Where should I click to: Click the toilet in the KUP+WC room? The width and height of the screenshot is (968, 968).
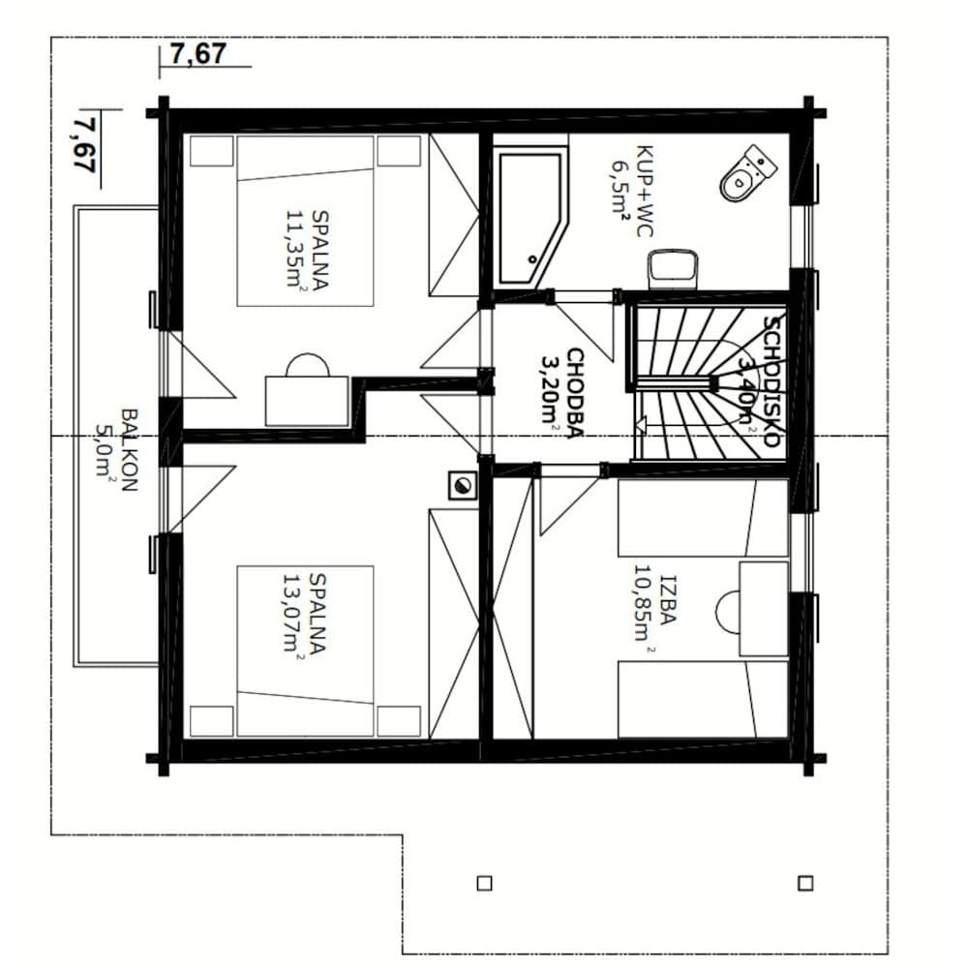(747, 173)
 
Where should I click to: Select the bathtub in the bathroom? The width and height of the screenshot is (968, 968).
(531, 217)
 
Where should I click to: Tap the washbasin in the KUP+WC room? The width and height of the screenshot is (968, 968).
(673, 268)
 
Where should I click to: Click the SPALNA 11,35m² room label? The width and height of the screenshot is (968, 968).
(308, 250)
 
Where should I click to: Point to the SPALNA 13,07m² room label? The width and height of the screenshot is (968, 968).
(305, 614)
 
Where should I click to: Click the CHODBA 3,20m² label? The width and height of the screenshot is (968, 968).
(562, 394)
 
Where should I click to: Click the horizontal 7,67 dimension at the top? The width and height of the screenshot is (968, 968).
(198, 53)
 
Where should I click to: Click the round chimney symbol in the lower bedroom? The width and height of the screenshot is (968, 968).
(463, 485)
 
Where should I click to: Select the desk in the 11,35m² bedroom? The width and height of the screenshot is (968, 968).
(307, 400)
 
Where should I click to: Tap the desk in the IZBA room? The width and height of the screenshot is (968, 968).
(764, 609)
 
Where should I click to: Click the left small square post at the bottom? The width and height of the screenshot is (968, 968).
(485, 884)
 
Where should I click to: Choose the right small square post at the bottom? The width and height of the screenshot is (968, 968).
(805, 884)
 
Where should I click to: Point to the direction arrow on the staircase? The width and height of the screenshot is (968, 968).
(640, 425)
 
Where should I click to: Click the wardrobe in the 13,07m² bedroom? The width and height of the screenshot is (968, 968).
(454, 623)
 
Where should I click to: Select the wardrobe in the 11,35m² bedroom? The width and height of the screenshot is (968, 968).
(454, 216)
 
